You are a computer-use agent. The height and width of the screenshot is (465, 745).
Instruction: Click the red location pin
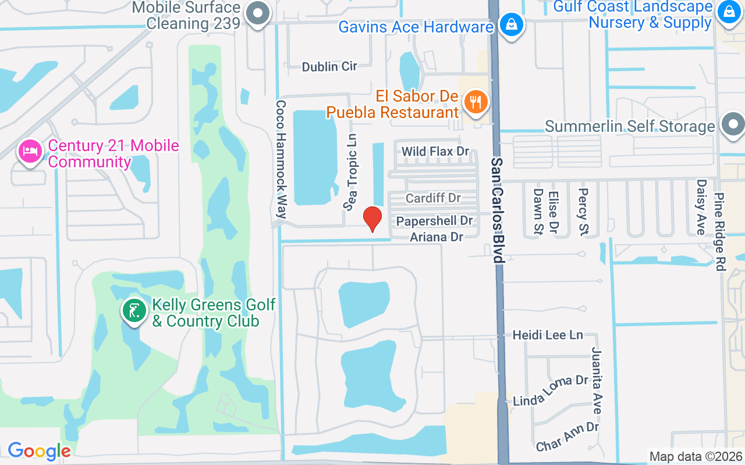click(x=372, y=218)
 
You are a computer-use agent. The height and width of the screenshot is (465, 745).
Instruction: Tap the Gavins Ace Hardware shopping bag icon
click(x=510, y=25)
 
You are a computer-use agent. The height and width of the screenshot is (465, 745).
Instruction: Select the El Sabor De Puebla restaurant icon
click(x=476, y=103)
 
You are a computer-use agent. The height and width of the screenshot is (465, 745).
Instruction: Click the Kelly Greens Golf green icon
click(x=134, y=311)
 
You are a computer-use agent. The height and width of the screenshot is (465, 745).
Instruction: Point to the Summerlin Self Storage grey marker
click(x=732, y=124)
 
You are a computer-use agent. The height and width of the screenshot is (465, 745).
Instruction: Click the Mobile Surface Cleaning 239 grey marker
click(x=257, y=13)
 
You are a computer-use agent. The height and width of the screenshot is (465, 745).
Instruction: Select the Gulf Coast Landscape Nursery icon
click(x=728, y=12)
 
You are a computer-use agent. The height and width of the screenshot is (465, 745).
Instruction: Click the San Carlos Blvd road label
click(x=496, y=210)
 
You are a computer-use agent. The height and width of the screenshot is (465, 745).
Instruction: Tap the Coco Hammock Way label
click(x=281, y=159)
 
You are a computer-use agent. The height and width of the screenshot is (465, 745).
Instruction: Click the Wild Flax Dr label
click(x=435, y=152)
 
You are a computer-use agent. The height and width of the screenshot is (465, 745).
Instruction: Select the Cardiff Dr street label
click(x=433, y=198)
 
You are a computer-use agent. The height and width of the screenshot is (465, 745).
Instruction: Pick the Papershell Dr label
click(x=434, y=221)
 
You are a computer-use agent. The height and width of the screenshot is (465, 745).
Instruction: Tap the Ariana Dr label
click(x=437, y=237)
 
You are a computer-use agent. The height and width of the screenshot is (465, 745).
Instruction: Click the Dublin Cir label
click(x=329, y=67)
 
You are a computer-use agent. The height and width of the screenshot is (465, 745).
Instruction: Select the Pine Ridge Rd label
click(x=720, y=232)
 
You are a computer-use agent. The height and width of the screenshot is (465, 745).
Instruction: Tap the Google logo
click(x=39, y=451)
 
